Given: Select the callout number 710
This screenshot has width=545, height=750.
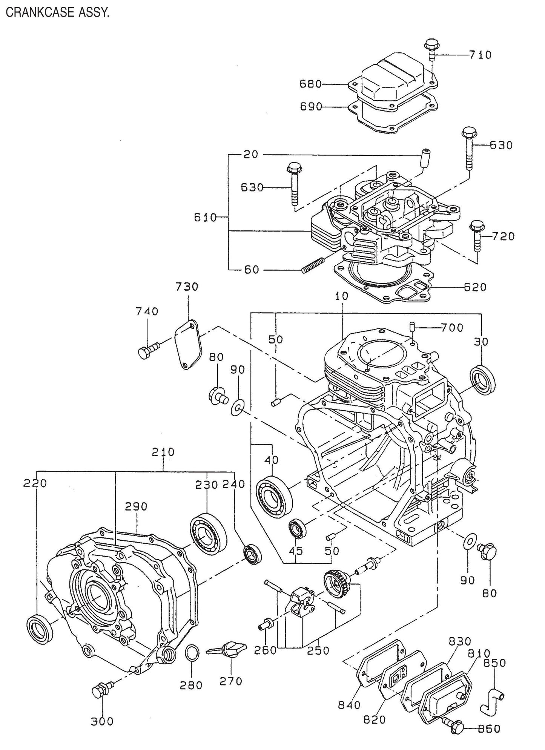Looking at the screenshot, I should click(481, 55).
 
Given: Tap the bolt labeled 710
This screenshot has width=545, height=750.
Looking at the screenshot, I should click(431, 49).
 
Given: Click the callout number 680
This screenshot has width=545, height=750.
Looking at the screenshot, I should click(310, 84).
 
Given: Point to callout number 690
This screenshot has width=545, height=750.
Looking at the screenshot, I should click(311, 107).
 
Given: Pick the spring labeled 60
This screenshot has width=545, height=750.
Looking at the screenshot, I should click(313, 265).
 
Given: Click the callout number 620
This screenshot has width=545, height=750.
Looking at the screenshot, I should click(475, 287).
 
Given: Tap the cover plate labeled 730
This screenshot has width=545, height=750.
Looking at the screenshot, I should click(188, 345).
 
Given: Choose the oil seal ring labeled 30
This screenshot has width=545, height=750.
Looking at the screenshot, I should click(483, 380).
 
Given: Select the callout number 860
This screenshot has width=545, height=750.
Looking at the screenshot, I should click(489, 729).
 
